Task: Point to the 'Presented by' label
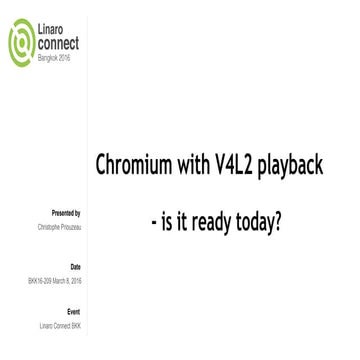(66, 213)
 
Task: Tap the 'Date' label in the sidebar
(76, 266)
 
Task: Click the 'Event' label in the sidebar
(75, 312)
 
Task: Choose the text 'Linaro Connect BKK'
(56, 326)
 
